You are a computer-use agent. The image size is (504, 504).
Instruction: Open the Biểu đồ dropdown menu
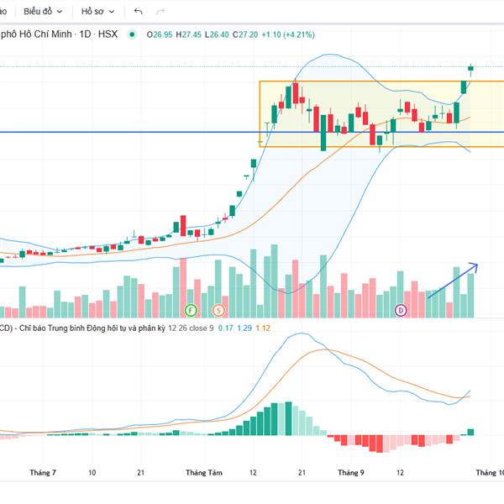coord(42,12)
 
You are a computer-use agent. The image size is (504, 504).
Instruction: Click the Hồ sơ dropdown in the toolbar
coord(97,12)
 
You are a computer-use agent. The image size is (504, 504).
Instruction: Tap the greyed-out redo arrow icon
coord(160,12)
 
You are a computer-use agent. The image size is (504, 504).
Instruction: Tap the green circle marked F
coord(191,310)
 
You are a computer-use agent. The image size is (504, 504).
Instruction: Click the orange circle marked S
coord(218,310)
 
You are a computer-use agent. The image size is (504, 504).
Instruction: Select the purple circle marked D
coord(401,310)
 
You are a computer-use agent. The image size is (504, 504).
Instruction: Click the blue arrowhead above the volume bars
coord(475,266)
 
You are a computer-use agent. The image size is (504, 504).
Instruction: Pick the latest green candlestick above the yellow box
coord(471,68)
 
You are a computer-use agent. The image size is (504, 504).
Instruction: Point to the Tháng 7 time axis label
coord(42,473)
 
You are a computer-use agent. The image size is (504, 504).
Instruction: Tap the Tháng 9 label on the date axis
coord(350,473)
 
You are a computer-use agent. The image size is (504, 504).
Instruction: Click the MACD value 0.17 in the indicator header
coord(226,328)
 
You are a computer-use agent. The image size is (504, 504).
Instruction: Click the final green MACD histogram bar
coord(470,432)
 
